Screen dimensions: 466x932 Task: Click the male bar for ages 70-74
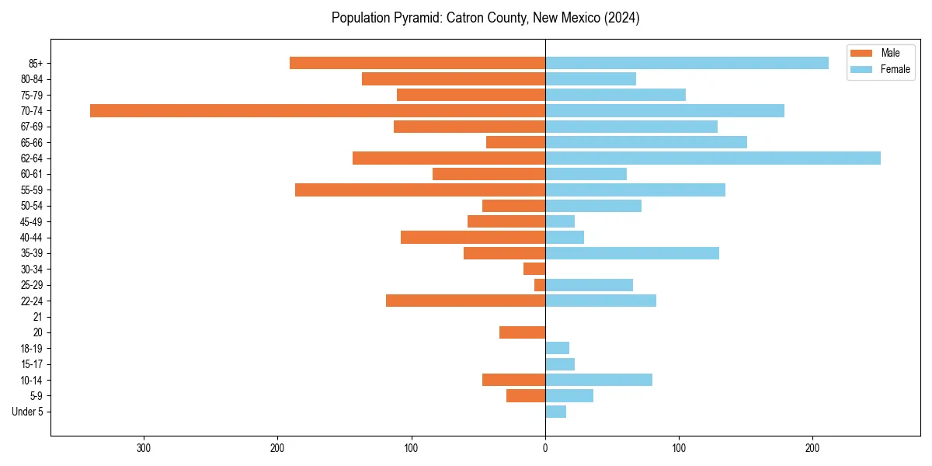tap(318, 110)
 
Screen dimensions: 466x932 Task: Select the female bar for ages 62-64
tap(713, 158)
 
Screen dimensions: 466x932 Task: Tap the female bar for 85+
tap(687, 63)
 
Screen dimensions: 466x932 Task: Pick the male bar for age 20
tap(522, 332)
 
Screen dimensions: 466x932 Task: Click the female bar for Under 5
tap(555, 412)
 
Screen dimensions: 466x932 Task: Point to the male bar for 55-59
tap(420, 190)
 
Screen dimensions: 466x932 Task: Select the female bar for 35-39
tap(632, 253)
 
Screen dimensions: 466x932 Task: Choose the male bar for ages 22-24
tap(465, 301)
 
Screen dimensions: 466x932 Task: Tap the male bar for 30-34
tap(534, 269)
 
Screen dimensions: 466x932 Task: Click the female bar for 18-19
tap(557, 348)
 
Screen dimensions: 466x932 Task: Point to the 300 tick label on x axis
tap(143, 448)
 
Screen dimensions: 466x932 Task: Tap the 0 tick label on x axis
tap(545, 448)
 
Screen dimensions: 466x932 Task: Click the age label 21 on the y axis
tap(38, 317)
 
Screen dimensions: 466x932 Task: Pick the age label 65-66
tap(31, 142)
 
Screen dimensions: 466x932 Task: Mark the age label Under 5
tap(27, 412)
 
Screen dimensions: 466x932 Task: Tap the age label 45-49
tap(31, 221)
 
